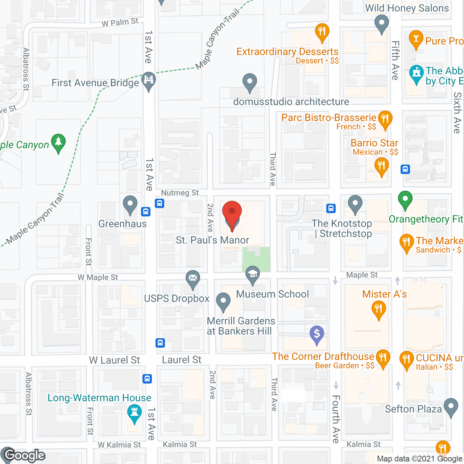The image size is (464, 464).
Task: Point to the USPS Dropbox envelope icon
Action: pos(193,279)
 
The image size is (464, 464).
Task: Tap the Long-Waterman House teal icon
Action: pos(134,413)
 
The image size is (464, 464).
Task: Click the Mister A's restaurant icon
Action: pos(378,309)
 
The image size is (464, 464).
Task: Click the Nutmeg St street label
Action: pos(180,193)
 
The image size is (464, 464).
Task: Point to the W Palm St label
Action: pos(120,22)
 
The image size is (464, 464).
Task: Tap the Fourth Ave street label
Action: pos(336,419)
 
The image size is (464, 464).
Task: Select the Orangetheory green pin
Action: pos(405,199)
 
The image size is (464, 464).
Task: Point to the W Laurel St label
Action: pos(115,360)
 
